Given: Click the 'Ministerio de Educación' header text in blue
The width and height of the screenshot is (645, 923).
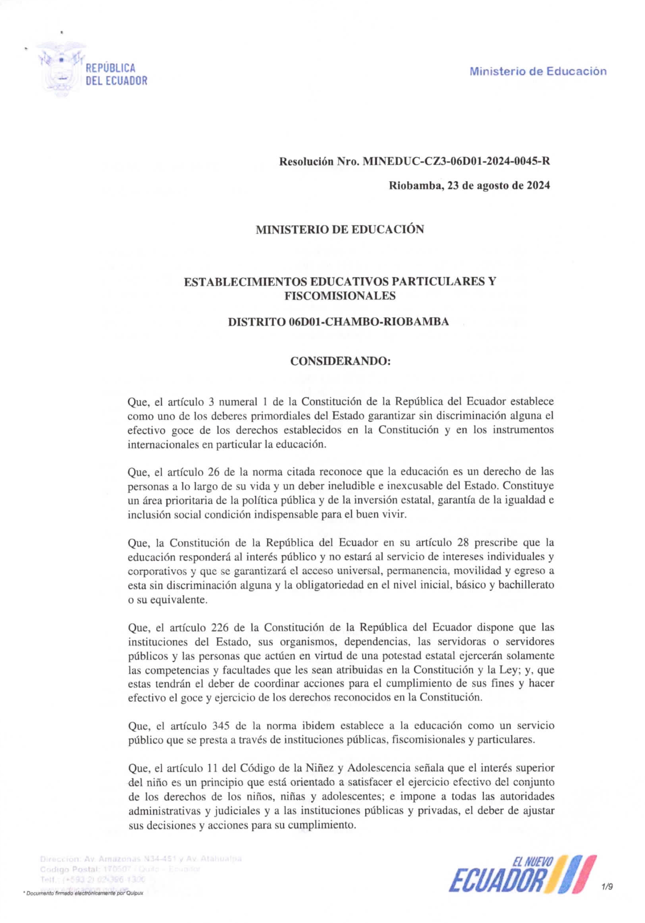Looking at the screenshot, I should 538,71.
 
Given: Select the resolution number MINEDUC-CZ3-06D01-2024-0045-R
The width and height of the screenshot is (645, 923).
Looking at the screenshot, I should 456,162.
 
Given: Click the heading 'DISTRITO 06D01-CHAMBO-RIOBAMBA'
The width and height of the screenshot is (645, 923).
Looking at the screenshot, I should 338,322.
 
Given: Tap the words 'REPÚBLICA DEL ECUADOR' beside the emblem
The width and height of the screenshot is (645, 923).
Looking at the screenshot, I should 116,74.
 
